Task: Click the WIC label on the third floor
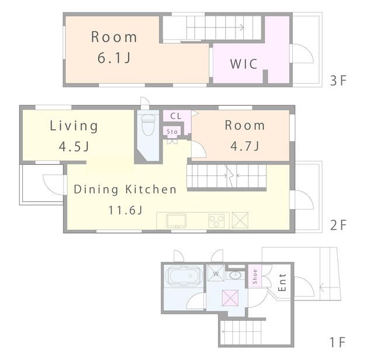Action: point(244,64)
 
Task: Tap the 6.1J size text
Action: point(114,58)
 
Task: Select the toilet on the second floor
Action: point(148,124)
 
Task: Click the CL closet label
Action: point(176,116)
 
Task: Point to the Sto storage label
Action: point(172,131)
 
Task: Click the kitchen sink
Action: point(176,221)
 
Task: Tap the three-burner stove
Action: point(217,221)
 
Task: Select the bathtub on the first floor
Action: point(183,276)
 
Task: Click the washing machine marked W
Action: point(216,273)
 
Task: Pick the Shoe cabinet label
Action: point(255,276)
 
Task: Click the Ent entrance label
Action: point(282,282)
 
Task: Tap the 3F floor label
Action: point(338,81)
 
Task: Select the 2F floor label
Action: point(338,225)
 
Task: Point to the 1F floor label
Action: point(338,342)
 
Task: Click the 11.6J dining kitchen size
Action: point(126,210)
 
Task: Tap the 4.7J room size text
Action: point(245,146)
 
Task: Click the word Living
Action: point(74,126)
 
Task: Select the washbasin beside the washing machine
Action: point(236,275)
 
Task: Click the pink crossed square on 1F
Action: point(230,298)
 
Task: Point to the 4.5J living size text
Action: point(74,147)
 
